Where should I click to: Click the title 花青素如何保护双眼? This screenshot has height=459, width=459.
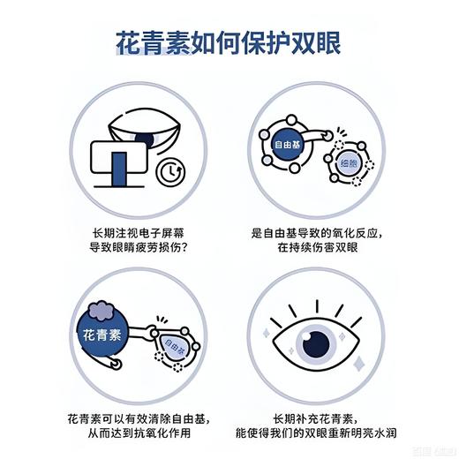[229, 41]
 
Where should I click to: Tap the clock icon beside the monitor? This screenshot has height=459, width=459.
[167, 175]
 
